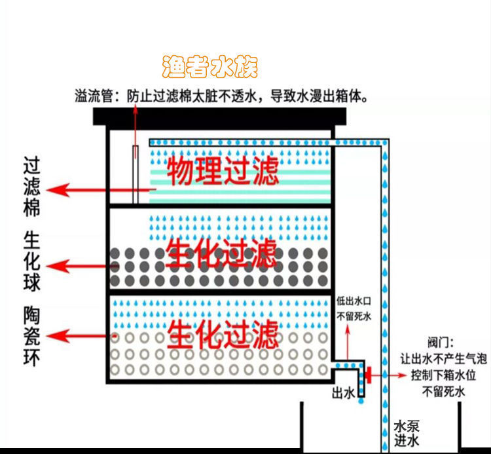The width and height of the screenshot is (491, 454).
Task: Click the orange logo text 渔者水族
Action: pos(209,67)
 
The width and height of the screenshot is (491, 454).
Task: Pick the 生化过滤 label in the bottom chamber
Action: pos(223,333)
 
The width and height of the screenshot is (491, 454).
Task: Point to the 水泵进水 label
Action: pos(406,432)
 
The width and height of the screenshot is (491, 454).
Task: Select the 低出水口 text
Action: pos(354,302)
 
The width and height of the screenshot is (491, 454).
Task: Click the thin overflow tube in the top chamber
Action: pos(136,174)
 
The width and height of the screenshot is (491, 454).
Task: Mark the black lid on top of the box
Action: pos(219,117)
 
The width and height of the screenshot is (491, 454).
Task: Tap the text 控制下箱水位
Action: pos(443,376)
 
